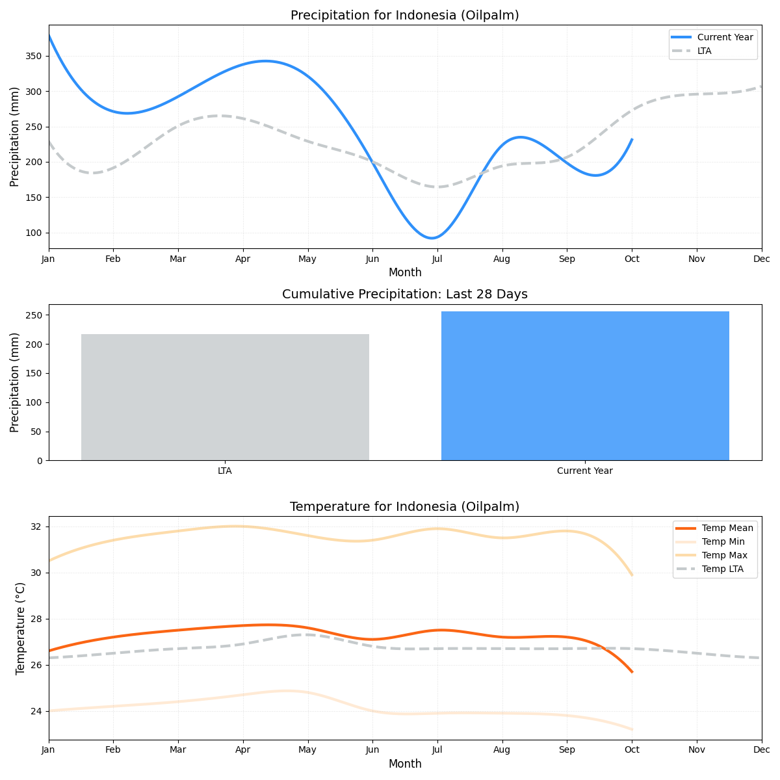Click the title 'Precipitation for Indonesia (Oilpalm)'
(404, 16)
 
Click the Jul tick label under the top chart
(437, 259)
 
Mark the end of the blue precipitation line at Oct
(632, 140)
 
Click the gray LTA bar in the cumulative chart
(225, 397)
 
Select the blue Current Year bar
(585, 386)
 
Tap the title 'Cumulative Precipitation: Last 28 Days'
(404, 294)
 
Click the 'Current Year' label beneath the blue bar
(585, 471)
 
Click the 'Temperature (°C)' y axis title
(20, 628)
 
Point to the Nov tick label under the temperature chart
(697, 750)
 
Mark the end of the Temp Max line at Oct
(632, 575)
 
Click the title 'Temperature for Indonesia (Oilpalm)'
(404, 507)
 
